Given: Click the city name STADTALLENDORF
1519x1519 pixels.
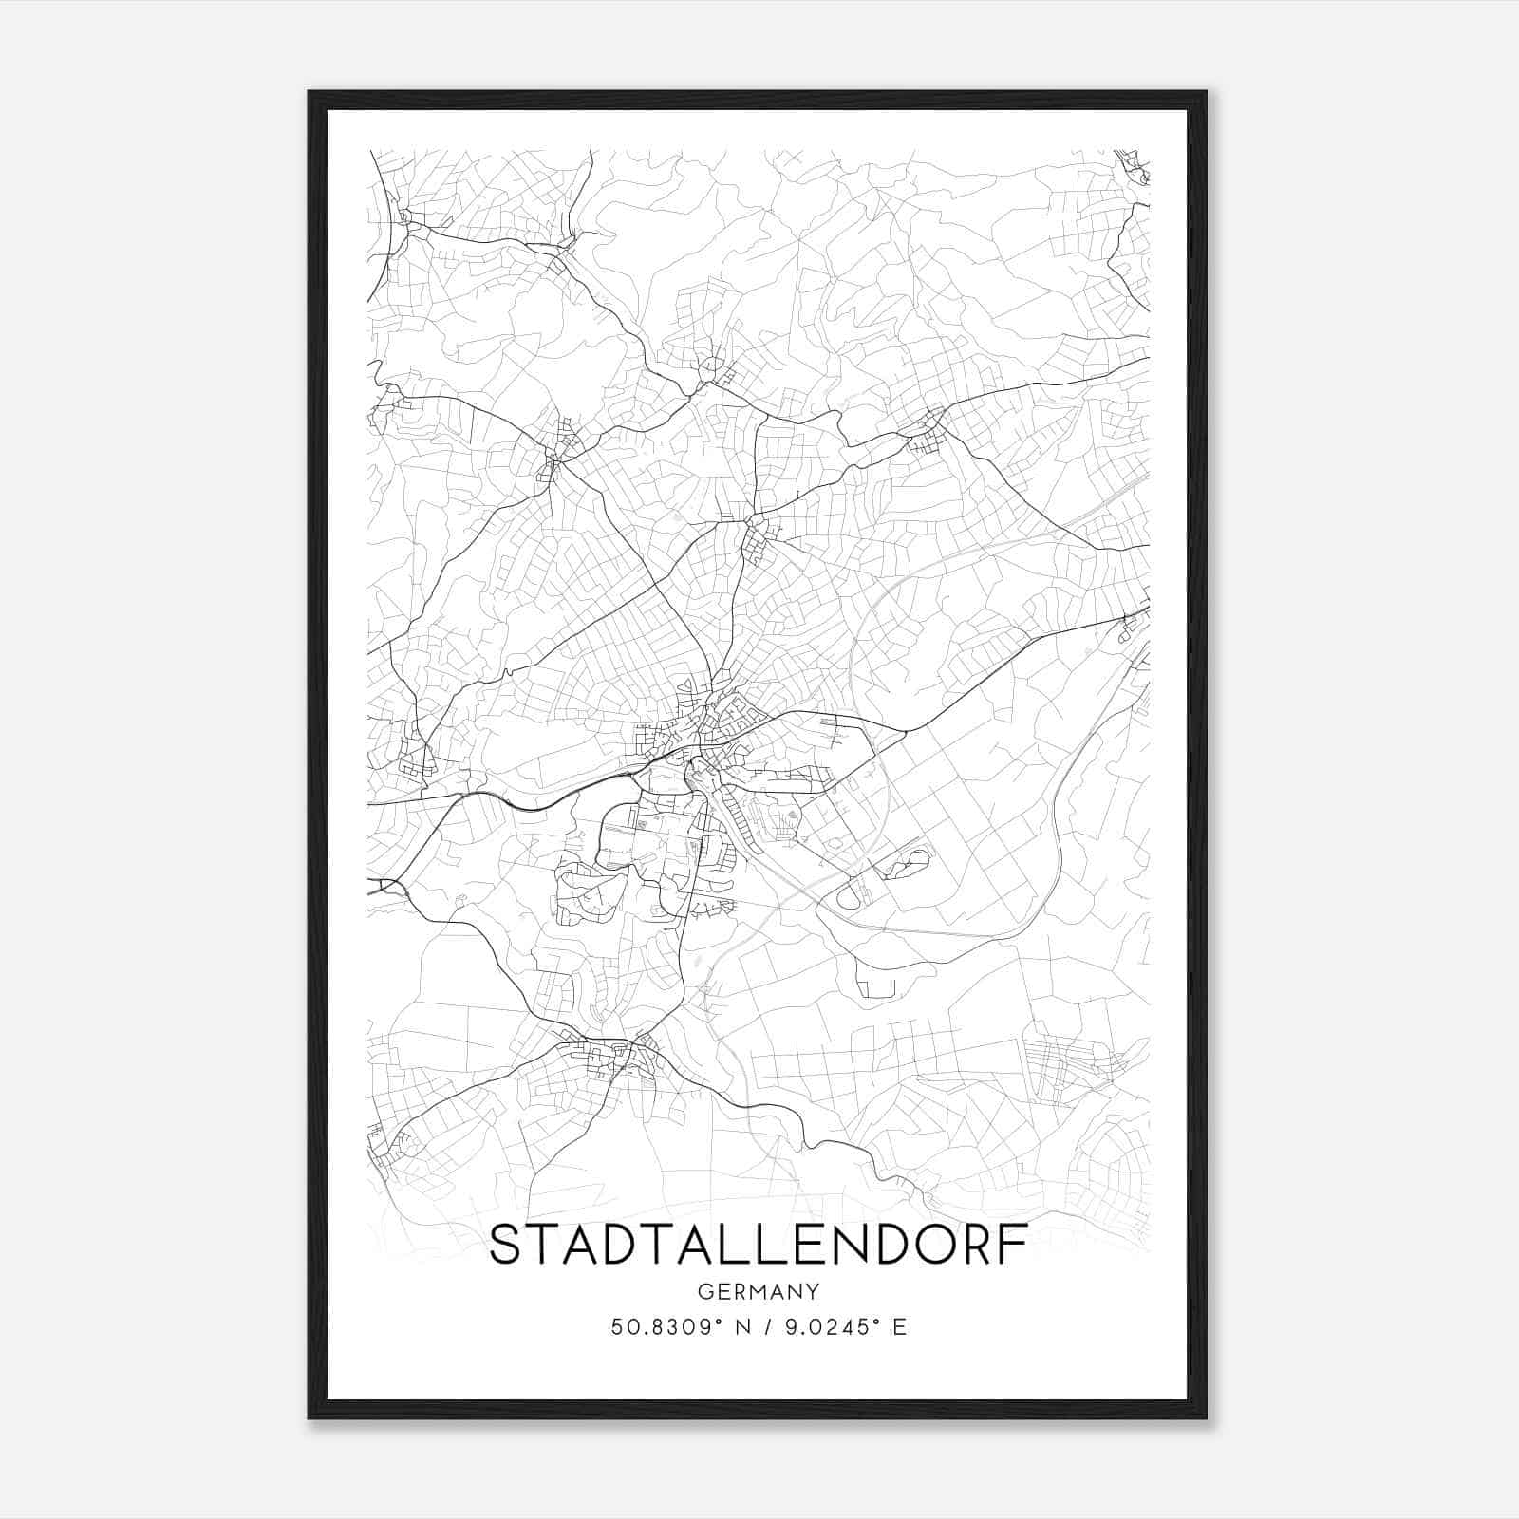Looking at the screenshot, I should [758, 1246].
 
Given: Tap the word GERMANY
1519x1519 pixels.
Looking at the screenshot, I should [758, 1291].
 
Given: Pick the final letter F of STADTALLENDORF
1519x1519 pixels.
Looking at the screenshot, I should [1015, 1246].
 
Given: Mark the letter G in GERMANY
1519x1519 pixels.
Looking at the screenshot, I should [705, 1291].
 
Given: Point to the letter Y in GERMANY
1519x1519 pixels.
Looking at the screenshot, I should [813, 1291].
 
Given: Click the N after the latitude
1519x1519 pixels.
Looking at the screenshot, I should [742, 1326].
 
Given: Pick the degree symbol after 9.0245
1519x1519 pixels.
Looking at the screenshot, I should [875, 1320].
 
